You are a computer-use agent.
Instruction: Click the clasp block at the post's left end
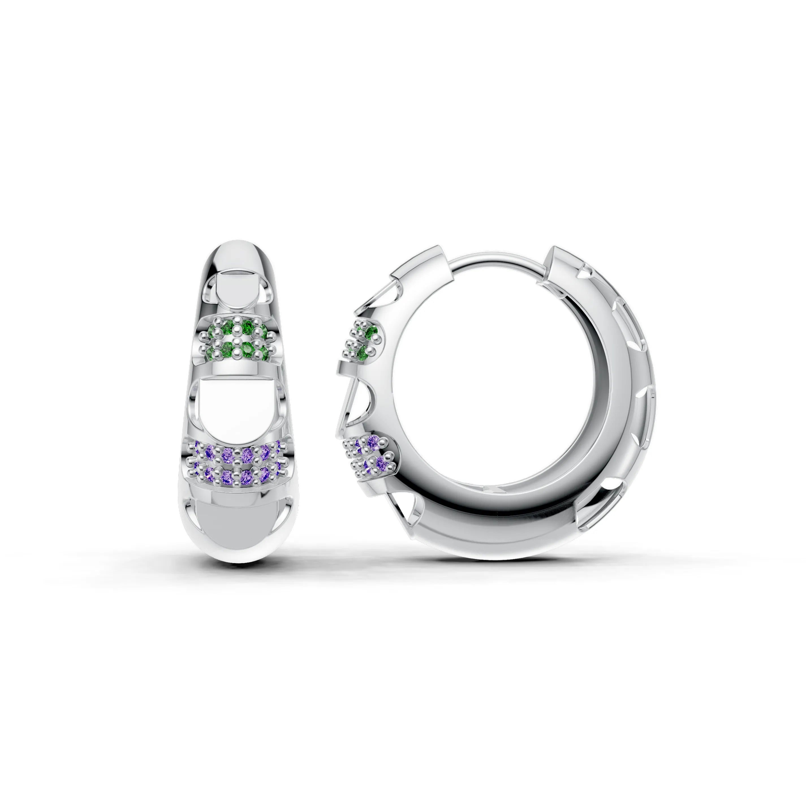(421, 267)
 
